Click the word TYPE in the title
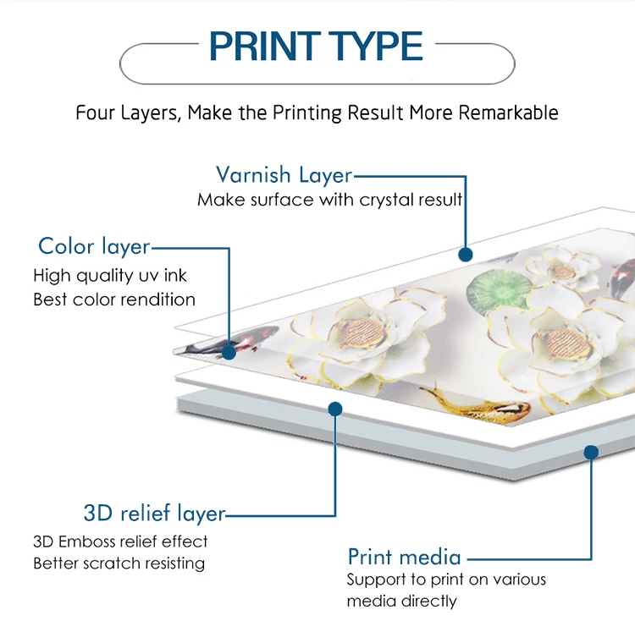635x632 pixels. pos(372,47)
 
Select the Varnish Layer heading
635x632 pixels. pos(284,175)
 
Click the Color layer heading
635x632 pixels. pos(94,246)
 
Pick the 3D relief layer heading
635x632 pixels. pos(154,514)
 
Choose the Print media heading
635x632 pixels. pos(404,557)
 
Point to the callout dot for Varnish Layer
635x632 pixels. pos(465,253)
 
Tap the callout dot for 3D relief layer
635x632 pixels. pos(335,409)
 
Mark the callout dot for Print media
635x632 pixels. pos(591,453)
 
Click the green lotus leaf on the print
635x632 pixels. pos(492,290)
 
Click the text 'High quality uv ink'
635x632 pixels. pos(110,275)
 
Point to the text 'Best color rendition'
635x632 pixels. pos(114,300)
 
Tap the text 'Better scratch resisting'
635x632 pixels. pos(119,563)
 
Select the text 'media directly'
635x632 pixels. pos(401,602)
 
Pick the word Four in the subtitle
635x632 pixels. pos(94,113)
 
